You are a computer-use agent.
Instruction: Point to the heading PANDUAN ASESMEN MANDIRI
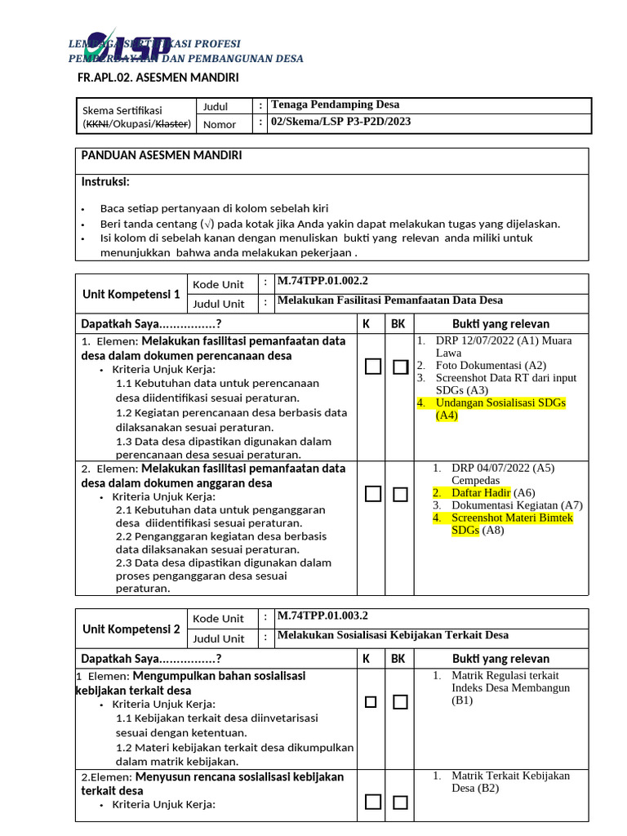coord(161,155)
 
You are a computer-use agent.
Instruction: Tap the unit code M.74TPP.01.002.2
coord(322,281)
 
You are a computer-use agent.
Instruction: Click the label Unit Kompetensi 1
coord(131,294)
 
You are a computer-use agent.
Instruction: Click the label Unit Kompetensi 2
coord(131,629)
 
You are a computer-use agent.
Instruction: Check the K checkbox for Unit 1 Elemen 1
coord(373,367)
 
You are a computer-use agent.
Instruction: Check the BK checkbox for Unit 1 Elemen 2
coord(400,494)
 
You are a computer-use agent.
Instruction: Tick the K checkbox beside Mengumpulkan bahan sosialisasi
coord(371,702)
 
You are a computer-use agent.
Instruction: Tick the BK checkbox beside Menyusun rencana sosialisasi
coord(400,803)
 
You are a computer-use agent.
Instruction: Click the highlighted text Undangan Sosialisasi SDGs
coord(500,403)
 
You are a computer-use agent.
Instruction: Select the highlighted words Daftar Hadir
coord(481,492)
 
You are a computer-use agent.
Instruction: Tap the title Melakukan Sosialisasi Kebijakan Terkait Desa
coord(393,635)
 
